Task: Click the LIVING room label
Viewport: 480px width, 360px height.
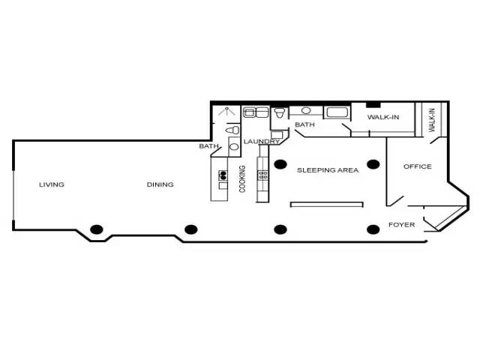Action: (52, 184)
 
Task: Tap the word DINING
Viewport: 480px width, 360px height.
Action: (160, 184)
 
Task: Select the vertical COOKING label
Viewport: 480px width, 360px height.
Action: (242, 178)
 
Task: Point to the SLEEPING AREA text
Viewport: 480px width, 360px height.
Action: (328, 170)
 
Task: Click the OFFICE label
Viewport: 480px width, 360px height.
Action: (418, 166)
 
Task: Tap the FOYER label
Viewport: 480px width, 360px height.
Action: (402, 225)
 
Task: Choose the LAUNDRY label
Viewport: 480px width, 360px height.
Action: (262, 142)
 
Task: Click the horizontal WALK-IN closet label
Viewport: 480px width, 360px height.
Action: (383, 117)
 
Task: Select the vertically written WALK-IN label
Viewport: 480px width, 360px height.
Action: (432, 120)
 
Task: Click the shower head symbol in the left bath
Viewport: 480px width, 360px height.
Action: (226, 112)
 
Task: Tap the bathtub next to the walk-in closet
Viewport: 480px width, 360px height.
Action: (337, 112)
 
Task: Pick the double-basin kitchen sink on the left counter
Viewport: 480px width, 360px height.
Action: (223, 175)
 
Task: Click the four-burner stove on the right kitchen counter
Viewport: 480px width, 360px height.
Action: (263, 175)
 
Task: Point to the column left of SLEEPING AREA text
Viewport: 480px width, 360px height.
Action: (280, 164)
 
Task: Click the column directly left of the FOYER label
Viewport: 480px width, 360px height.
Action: (373, 229)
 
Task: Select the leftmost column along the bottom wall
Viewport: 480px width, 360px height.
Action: (97, 229)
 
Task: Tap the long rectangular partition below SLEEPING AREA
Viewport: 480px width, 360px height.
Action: (327, 205)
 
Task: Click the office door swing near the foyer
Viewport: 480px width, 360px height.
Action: (395, 201)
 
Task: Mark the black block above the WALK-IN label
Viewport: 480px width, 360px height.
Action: (373, 105)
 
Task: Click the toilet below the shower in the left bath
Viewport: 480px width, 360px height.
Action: (232, 130)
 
